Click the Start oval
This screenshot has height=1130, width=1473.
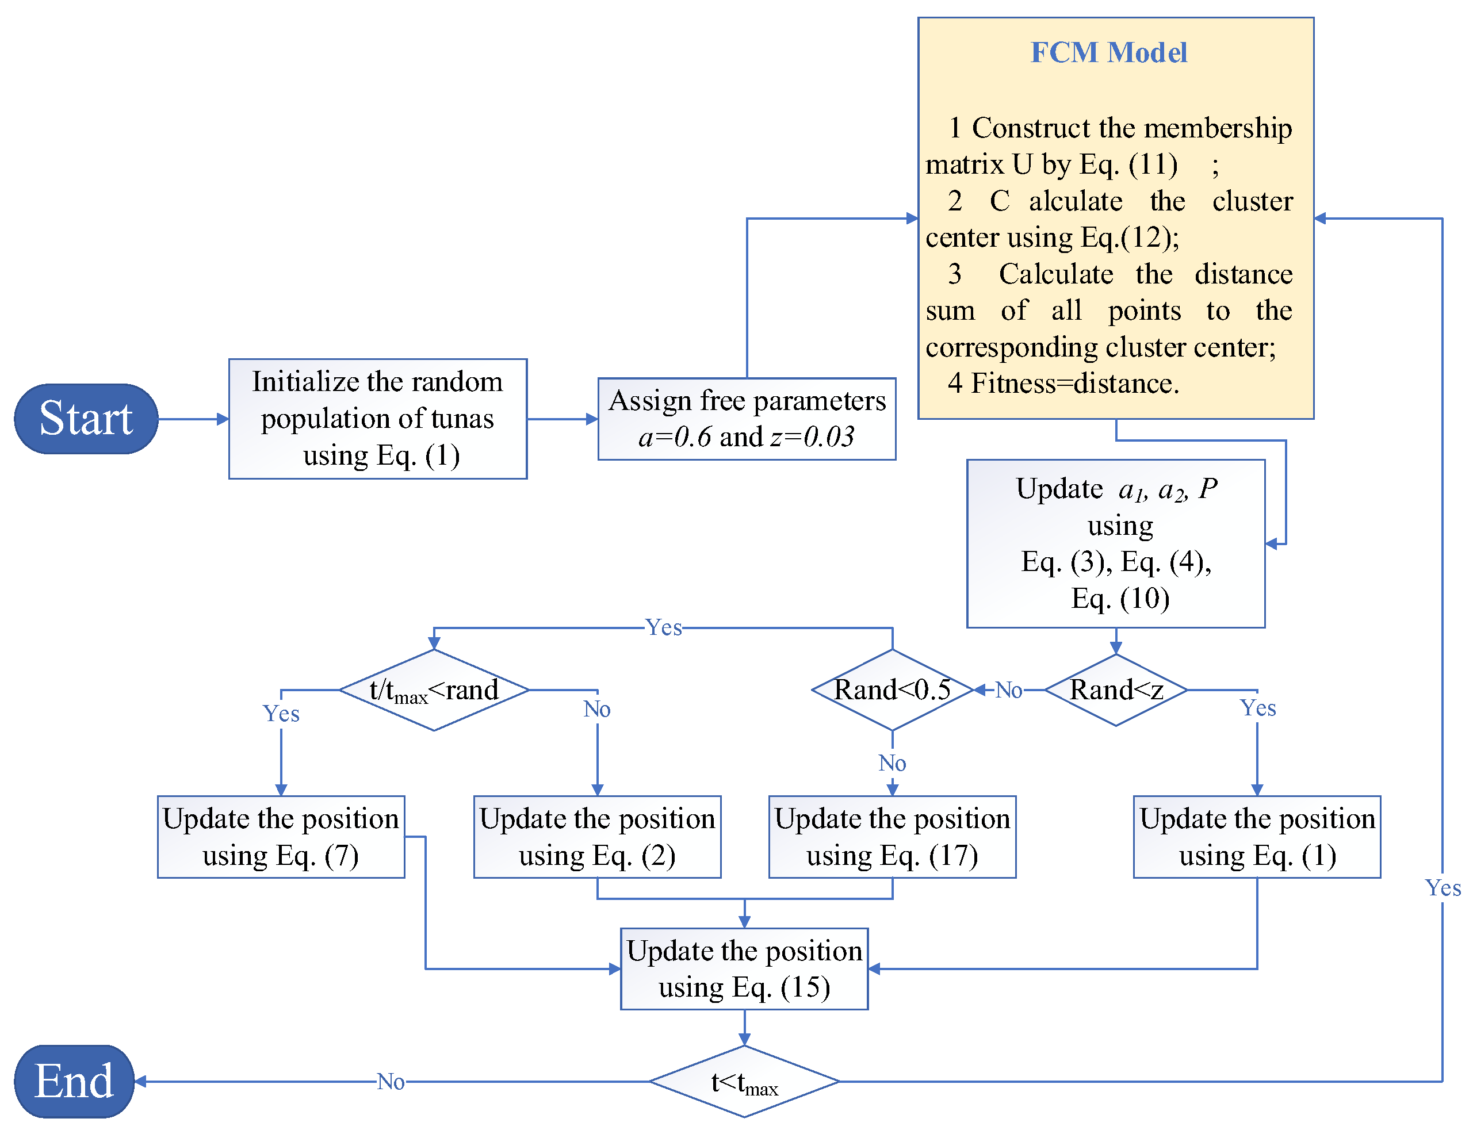click(86, 419)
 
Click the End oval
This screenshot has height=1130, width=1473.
click(74, 1081)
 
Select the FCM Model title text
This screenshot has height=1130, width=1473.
click(1108, 52)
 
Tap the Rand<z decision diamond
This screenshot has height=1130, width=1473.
click(1115, 690)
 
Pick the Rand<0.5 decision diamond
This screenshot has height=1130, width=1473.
click(892, 690)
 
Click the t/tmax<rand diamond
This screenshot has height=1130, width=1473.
click(434, 690)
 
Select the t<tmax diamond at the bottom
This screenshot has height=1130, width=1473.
click(744, 1082)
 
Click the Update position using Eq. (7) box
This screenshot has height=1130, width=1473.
click(281, 837)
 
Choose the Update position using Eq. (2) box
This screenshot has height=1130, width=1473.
click(596, 837)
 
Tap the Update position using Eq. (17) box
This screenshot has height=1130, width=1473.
click(892, 837)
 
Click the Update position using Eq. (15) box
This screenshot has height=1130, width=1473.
click(744, 968)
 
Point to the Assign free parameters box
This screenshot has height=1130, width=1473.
click(747, 419)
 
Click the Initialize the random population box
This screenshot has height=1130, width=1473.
click(377, 419)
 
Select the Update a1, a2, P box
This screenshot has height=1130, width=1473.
click(1115, 543)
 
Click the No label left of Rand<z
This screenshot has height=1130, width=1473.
click(1008, 690)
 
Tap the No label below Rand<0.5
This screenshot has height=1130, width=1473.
click(892, 763)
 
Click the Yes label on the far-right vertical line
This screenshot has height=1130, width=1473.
click(1442, 888)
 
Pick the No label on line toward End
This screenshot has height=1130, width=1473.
click(390, 1082)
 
